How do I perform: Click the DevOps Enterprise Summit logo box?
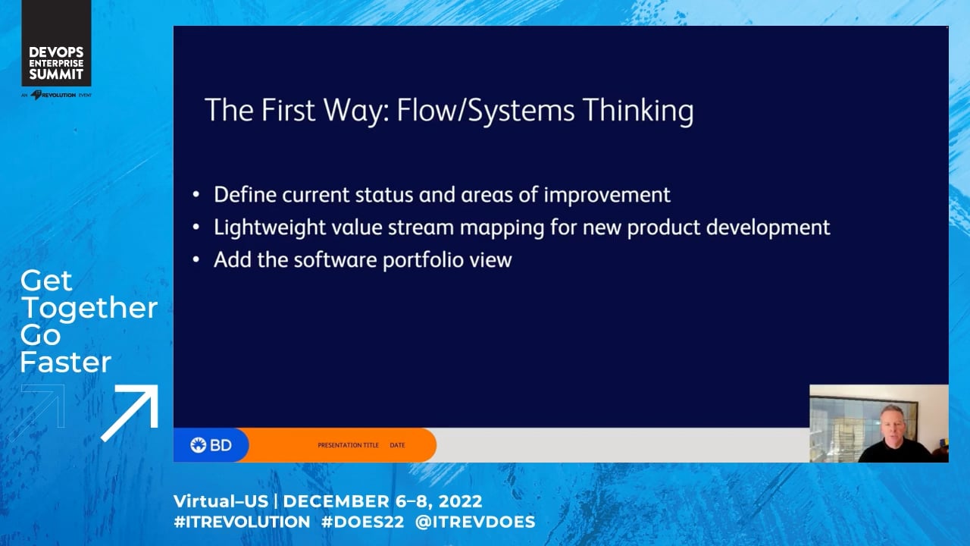[56, 43]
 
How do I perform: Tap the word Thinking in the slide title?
[638, 111]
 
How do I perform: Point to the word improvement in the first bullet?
[607, 195]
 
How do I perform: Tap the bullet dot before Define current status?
[196, 194]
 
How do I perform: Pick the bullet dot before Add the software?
[196, 259]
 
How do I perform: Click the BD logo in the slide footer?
[211, 445]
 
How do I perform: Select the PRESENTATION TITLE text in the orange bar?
[348, 445]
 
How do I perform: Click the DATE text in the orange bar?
[397, 445]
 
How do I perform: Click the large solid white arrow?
[130, 413]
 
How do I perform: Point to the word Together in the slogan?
[89, 308]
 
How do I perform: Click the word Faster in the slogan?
[66, 362]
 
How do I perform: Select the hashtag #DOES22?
[362, 522]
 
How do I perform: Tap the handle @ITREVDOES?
[475, 522]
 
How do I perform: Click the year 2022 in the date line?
[460, 501]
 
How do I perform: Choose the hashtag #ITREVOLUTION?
[242, 522]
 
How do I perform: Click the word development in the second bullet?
[768, 227]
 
